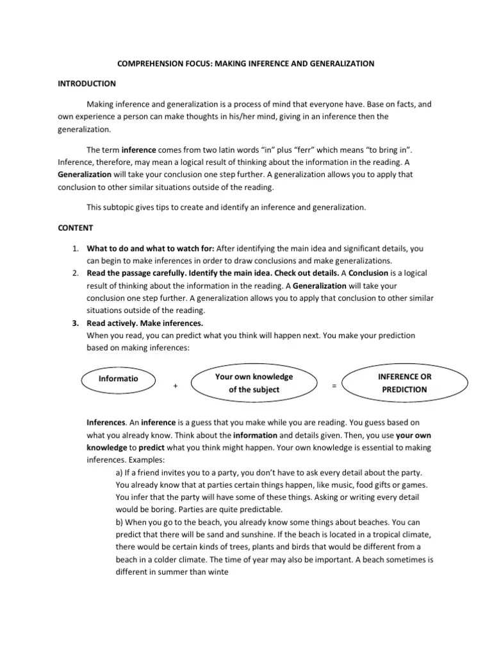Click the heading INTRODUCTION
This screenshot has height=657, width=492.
86,83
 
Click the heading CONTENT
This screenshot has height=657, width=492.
76,227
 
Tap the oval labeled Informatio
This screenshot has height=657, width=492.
118,379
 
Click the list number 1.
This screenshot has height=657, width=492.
74,248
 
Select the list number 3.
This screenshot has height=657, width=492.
74,323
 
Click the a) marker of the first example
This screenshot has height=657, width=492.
119,472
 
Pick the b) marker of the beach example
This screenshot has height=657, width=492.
120,522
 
